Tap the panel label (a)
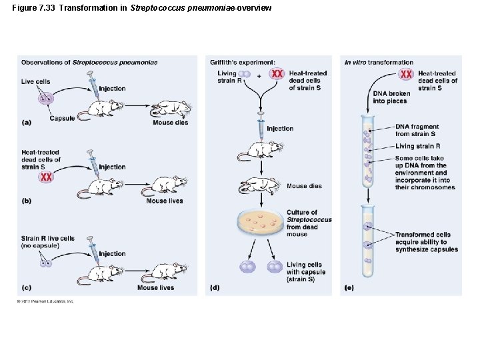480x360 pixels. tap(27, 122)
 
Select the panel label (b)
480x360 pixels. tap(27, 200)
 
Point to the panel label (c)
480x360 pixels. tap(27, 287)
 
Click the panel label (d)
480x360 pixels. tap(215, 287)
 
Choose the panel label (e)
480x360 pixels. tap(349, 287)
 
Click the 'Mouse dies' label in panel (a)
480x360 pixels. tap(170, 123)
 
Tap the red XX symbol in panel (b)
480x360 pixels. tap(46, 177)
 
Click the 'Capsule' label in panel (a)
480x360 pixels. tap(63, 119)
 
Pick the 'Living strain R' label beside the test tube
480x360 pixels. tap(418, 146)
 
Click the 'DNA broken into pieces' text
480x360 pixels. tap(391, 97)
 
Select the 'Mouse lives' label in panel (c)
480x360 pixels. tap(156, 287)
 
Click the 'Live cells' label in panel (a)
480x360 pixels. tap(35, 81)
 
